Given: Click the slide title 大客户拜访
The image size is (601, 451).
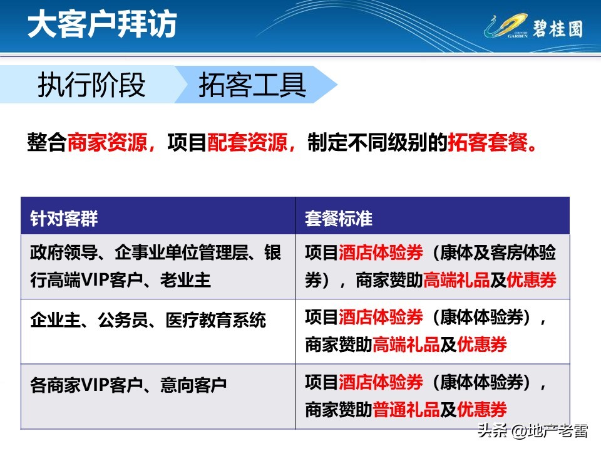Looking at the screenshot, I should tap(102, 25).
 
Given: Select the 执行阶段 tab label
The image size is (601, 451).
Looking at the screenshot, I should tap(91, 85).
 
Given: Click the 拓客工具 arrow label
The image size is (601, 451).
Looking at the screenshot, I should tap(252, 85).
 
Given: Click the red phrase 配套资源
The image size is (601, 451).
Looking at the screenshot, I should tap(246, 143).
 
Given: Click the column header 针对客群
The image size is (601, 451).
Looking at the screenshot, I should tap(64, 218).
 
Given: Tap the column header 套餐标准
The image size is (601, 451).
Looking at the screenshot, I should tap(339, 218).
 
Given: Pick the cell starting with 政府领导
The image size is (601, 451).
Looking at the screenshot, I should tap(156, 266).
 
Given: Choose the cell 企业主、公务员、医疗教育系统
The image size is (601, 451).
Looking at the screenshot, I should tap(148, 321).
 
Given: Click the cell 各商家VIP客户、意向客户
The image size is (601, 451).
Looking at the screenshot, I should tap(128, 385).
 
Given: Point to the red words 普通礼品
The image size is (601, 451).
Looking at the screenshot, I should tap(406, 410).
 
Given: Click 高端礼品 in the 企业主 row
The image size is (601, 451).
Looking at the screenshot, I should tap(406, 344).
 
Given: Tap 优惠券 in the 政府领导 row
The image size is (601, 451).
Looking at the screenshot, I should tap(532, 280).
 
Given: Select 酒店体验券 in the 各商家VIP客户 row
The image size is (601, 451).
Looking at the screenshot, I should tap(381, 382).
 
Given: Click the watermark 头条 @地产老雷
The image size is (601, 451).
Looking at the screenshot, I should tap(532, 432).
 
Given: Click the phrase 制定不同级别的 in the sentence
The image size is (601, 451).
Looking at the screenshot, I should tap(378, 143).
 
